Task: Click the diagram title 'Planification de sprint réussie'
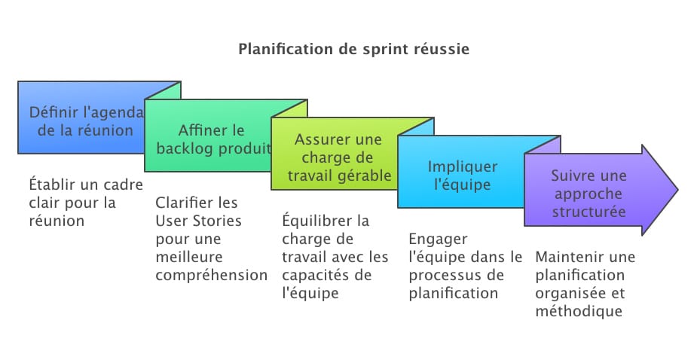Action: tap(354, 50)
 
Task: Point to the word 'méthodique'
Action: tap(579, 312)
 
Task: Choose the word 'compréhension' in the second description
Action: tap(212, 276)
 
